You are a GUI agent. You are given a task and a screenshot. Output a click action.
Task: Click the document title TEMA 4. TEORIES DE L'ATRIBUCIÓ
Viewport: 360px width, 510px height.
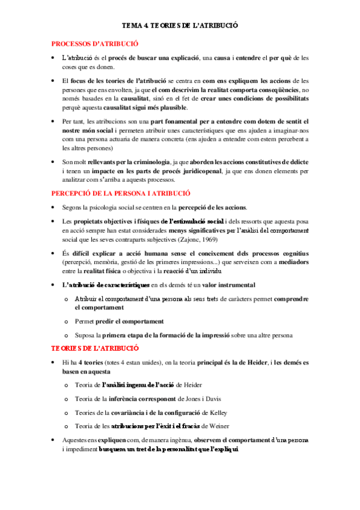tap(180, 26)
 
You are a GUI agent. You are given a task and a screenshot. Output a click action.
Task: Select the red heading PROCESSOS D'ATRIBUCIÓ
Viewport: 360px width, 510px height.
tap(94, 43)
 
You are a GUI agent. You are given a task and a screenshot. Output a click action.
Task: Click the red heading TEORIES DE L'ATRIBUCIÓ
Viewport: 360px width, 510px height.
tap(94, 348)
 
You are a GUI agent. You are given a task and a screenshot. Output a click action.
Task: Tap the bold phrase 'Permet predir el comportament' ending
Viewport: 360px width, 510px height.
tap(141, 321)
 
